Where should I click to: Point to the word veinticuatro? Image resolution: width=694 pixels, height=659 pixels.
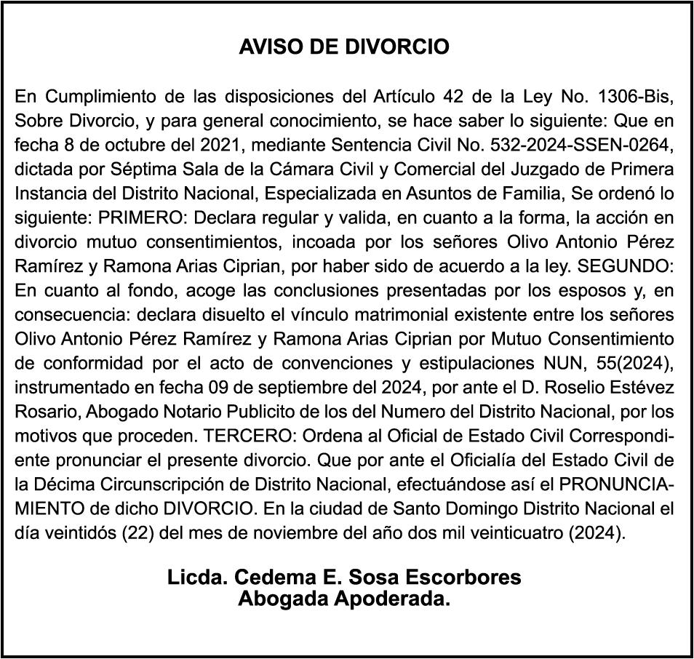pyautogui.click(x=513, y=534)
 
